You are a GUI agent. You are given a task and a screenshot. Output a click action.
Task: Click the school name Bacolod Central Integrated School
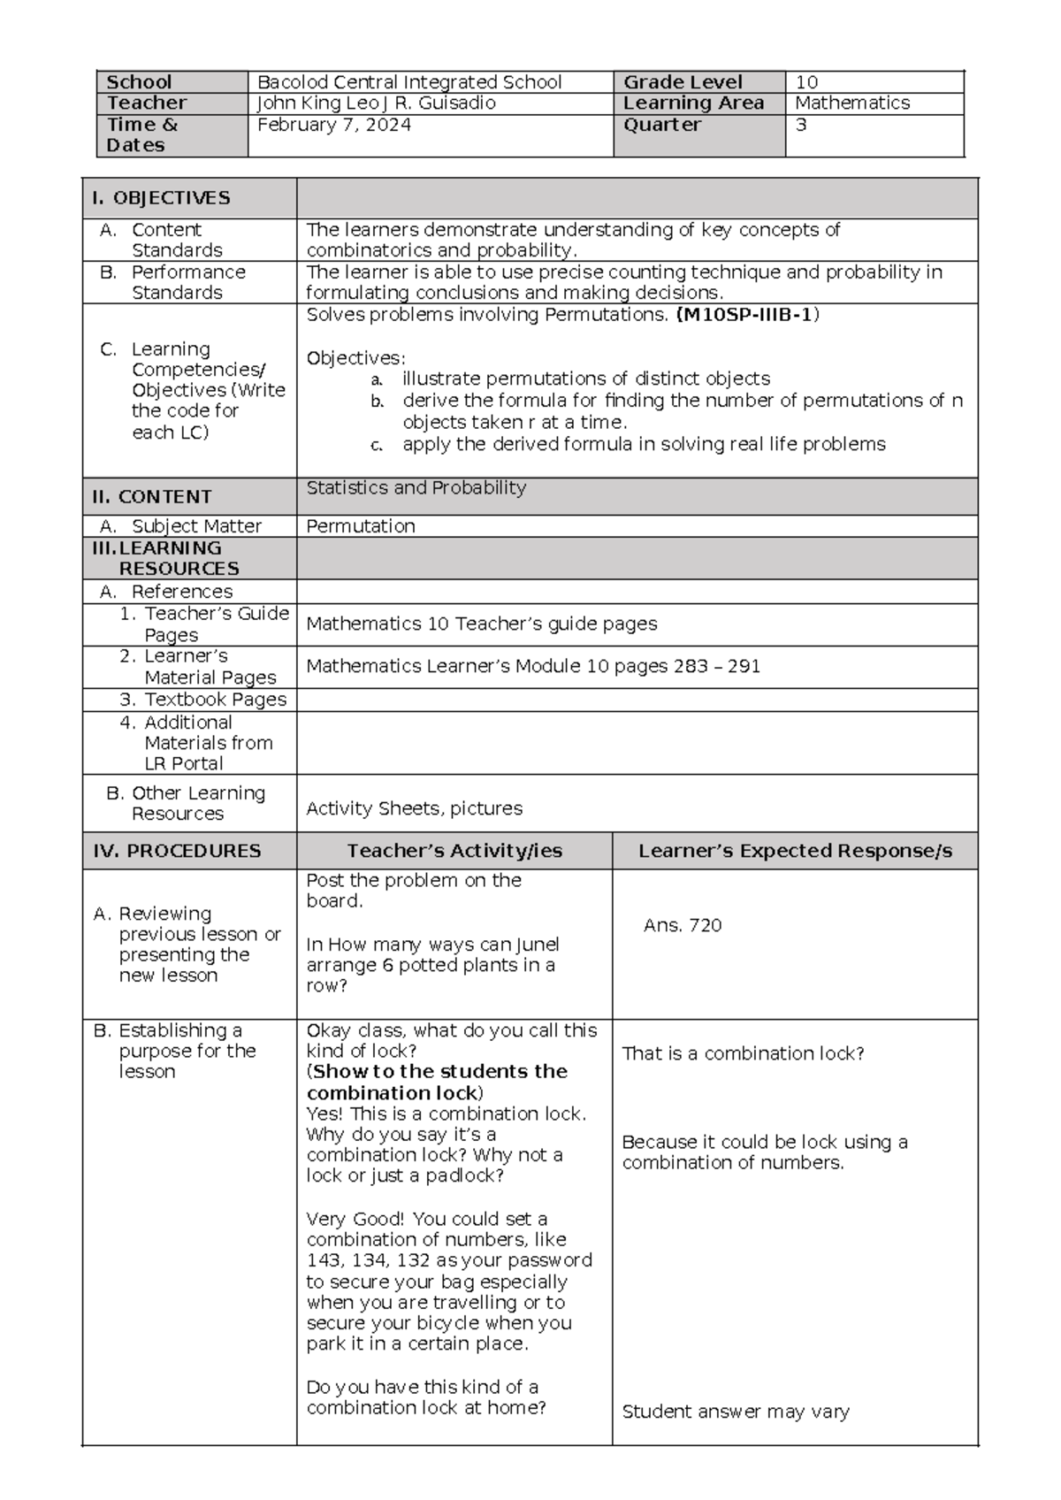coord(408,82)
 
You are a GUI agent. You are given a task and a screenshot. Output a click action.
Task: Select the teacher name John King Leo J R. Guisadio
coord(376,103)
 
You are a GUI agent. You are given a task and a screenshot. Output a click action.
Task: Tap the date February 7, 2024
coord(333,125)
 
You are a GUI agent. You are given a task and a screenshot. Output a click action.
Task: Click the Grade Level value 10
coord(806,82)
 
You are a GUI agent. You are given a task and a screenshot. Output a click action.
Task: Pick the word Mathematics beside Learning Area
coord(852,103)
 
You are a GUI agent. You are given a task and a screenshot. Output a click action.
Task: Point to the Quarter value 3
coord(801,125)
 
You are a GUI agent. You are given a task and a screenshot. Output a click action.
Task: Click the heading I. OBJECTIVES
coord(161,198)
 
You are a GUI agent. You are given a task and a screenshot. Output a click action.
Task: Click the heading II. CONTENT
coord(152,497)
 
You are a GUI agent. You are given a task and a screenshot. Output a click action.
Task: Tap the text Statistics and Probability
coord(416,488)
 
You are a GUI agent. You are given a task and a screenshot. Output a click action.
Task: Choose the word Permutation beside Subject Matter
coord(360,526)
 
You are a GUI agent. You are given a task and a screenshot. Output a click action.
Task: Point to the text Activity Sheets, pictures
coord(414,808)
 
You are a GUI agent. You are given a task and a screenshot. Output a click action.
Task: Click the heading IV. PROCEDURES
coord(177,851)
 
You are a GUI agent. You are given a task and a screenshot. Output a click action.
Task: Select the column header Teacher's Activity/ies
coord(454,851)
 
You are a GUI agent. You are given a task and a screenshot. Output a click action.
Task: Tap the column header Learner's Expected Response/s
coord(795,851)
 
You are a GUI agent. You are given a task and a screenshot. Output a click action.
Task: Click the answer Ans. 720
coord(683,926)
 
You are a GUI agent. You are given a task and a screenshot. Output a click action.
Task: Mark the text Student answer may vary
coord(736,1412)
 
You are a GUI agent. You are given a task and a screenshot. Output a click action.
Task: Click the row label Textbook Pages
coord(215,700)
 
